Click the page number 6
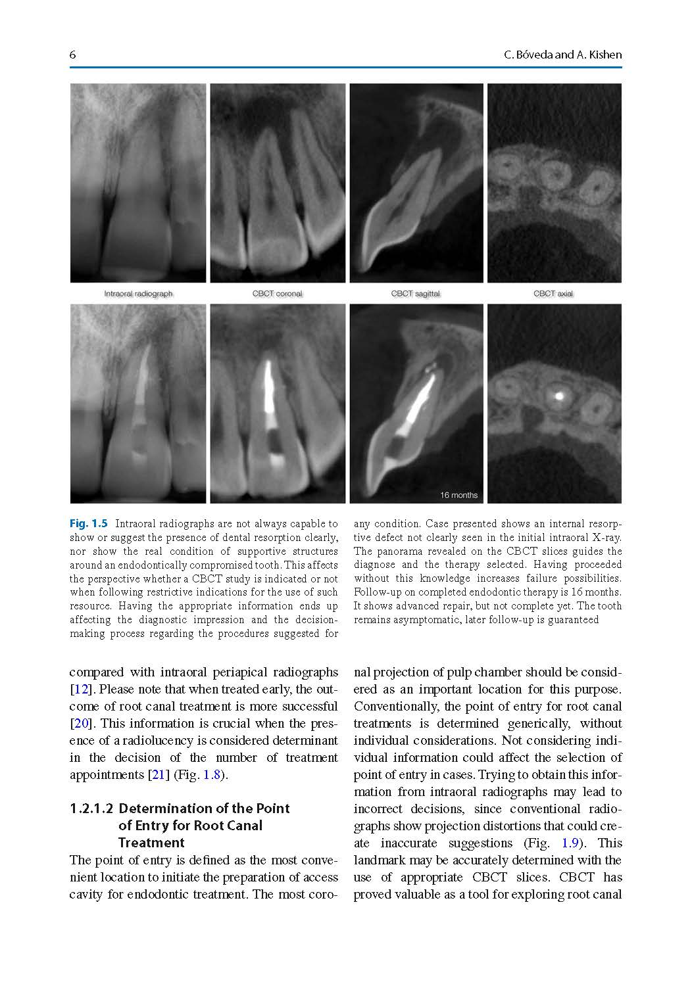pos(72,55)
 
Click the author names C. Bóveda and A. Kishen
pos(562,55)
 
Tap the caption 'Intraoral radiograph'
pos(138,294)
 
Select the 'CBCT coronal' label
pos(277,294)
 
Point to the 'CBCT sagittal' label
pos(415,294)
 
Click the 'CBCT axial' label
pos(553,294)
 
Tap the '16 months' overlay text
pos(458,495)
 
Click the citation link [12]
pos(79,690)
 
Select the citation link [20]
pos(79,724)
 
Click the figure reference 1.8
pos(212,775)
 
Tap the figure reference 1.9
pos(570,843)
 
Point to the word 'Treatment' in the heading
pos(151,843)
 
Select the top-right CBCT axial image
pos(554,183)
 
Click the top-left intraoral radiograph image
pos(138,183)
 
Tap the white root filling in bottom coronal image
pos(270,388)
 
